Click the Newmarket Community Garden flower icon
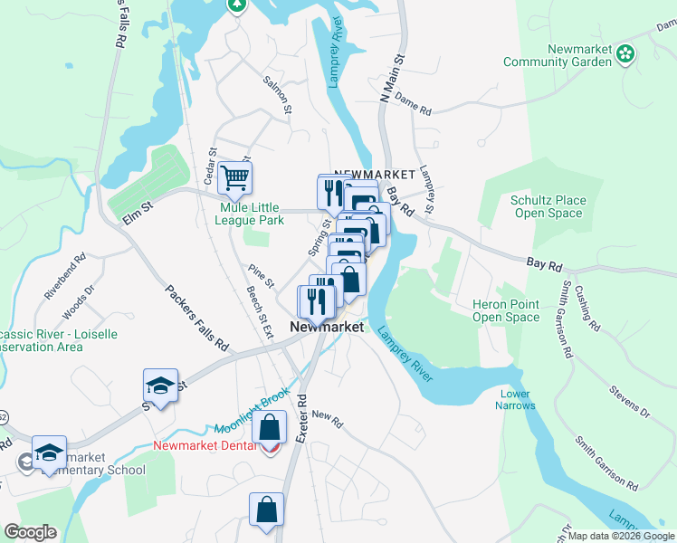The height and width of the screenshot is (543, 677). click(625, 54)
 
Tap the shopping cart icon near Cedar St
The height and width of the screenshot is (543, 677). click(235, 177)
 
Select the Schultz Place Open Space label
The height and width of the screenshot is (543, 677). click(548, 206)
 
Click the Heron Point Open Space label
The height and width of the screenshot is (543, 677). click(506, 310)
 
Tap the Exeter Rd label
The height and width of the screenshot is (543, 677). click(302, 417)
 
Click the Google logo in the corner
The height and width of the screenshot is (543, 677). click(30, 532)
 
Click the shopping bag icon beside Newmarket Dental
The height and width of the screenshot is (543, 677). click(270, 428)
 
